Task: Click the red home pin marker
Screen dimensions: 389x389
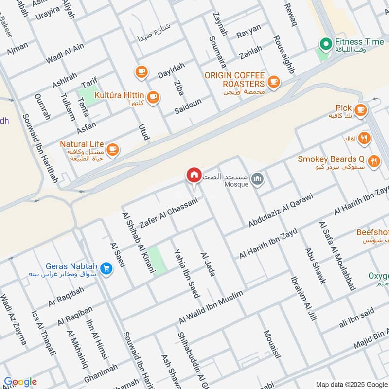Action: [194, 175]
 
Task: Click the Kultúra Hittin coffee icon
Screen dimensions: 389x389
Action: [153, 97]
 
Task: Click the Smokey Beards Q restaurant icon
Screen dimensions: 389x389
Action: [373, 160]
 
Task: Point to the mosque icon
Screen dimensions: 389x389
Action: [258, 179]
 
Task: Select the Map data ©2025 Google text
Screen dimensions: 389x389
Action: [352, 384]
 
